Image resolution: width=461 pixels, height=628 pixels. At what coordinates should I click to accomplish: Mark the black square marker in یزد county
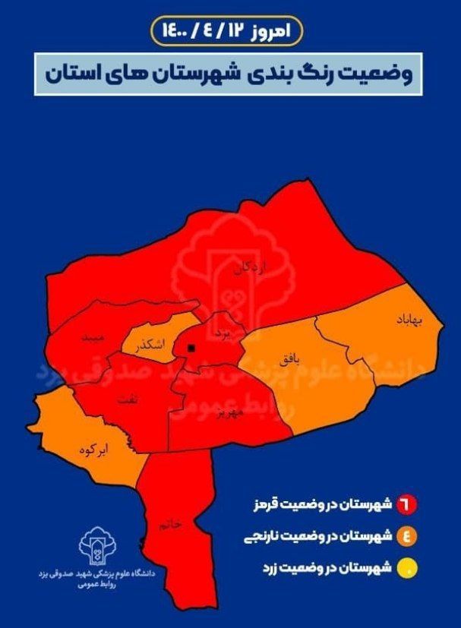(190, 348)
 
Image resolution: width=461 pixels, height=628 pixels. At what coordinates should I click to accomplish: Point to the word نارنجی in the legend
(262, 537)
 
